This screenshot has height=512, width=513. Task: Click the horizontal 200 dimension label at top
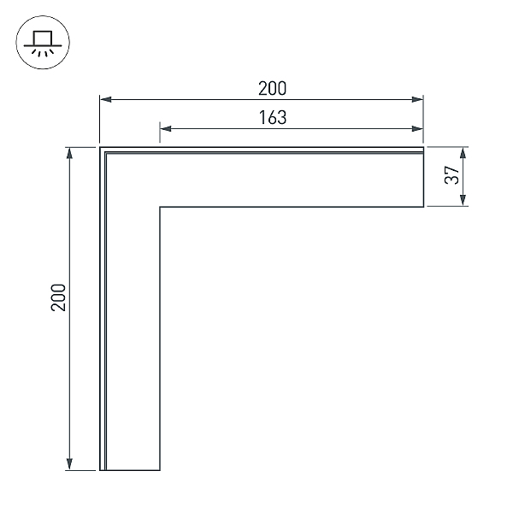point(272,88)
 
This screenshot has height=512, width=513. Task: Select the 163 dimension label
point(273,117)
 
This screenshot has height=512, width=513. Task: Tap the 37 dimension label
point(452,175)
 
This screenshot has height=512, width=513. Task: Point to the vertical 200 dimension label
point(58,297)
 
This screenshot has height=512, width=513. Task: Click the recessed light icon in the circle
point(43,44)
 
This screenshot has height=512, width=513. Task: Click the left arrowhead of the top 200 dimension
point(106,99)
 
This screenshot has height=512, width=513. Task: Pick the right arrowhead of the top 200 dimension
point(417,99)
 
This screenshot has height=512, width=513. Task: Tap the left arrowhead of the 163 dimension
point(166,128)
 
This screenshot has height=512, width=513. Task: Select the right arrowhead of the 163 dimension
point(417,128)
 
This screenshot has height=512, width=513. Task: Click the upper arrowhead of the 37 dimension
point(463,153)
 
